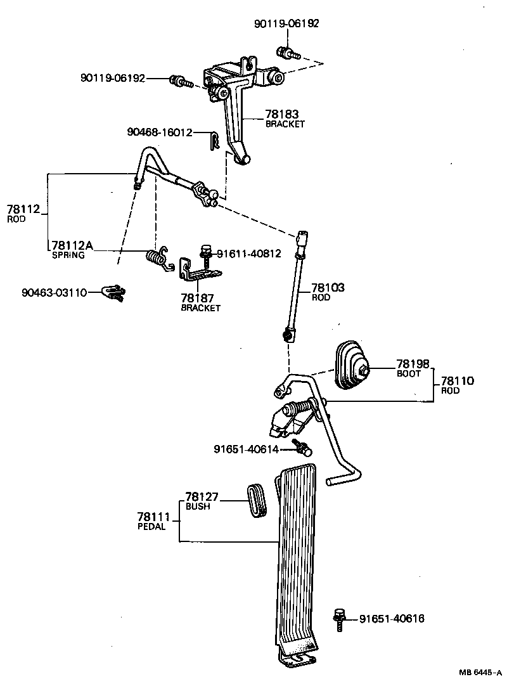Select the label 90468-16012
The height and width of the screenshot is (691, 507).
(x=158, y=132)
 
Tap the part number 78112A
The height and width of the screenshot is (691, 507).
(x=72, y=246)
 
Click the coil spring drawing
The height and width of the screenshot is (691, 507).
(x=157, y=257)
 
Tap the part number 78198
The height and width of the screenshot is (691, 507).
(x=413, y=364)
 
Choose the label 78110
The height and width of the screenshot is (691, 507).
(x=458, y=381)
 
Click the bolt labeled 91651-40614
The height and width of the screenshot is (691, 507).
(x=301, y=449)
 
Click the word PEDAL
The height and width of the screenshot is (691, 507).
(x=151, y=527)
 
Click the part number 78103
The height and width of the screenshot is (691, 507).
(x=328, y=288)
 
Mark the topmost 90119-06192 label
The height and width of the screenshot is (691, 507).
(x=286, y=23)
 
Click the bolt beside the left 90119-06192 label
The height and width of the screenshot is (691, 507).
(x=178, y=81)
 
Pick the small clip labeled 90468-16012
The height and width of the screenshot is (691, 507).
(x=214, y=139)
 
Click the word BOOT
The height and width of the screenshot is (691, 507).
(x=409, y=374)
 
